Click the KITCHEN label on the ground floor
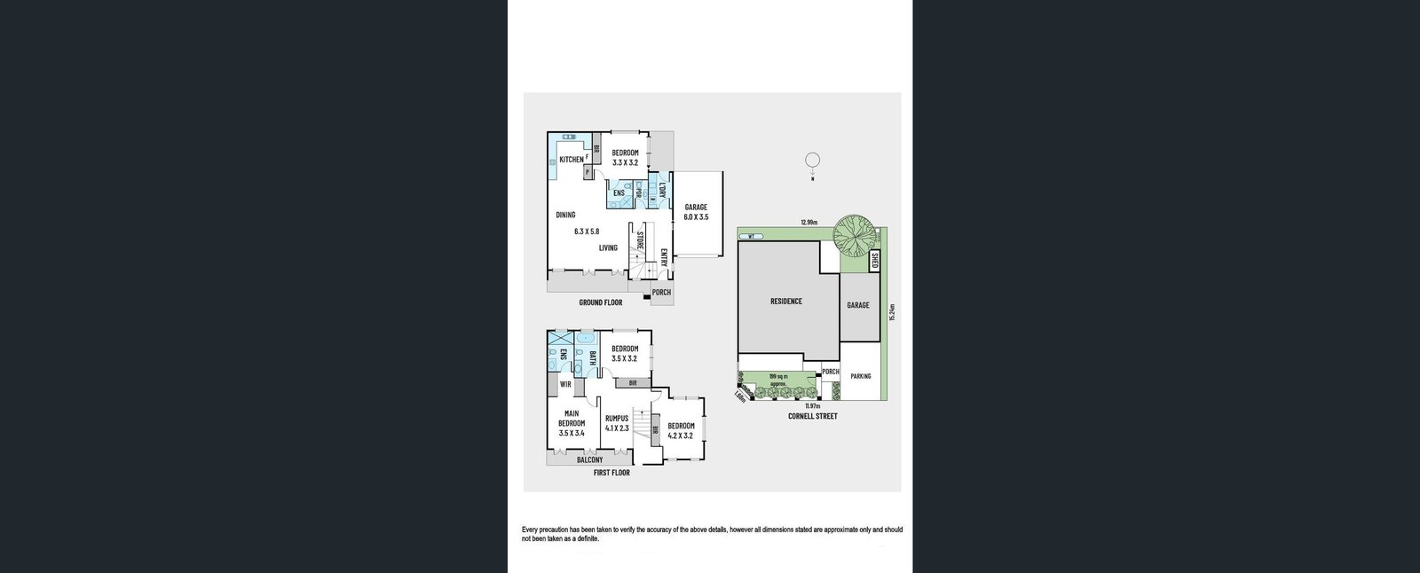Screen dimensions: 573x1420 click(571, 160)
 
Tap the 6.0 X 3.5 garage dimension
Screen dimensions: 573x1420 click(696, 216)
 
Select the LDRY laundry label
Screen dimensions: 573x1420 click(662, 189)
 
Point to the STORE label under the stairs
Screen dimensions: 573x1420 click(639, 240)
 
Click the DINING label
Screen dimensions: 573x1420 click(565, 215)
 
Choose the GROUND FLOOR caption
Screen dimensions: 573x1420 click(601, 302)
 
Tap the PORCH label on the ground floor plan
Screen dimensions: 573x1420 click(661, 293)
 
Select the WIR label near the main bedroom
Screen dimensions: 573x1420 click(564, 385)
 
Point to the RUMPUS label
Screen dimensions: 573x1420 click(617, 418)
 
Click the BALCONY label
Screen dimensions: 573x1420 click(589, 459)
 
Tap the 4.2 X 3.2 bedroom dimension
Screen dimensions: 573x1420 click(682, 436)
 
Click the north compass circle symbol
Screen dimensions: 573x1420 click(811, 161)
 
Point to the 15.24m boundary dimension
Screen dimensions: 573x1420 click(893, 313)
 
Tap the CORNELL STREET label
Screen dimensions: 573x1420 click(812, 415)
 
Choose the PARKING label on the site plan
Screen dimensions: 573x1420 click(860, 376)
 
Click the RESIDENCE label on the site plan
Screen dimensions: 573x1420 click(785, 302)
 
